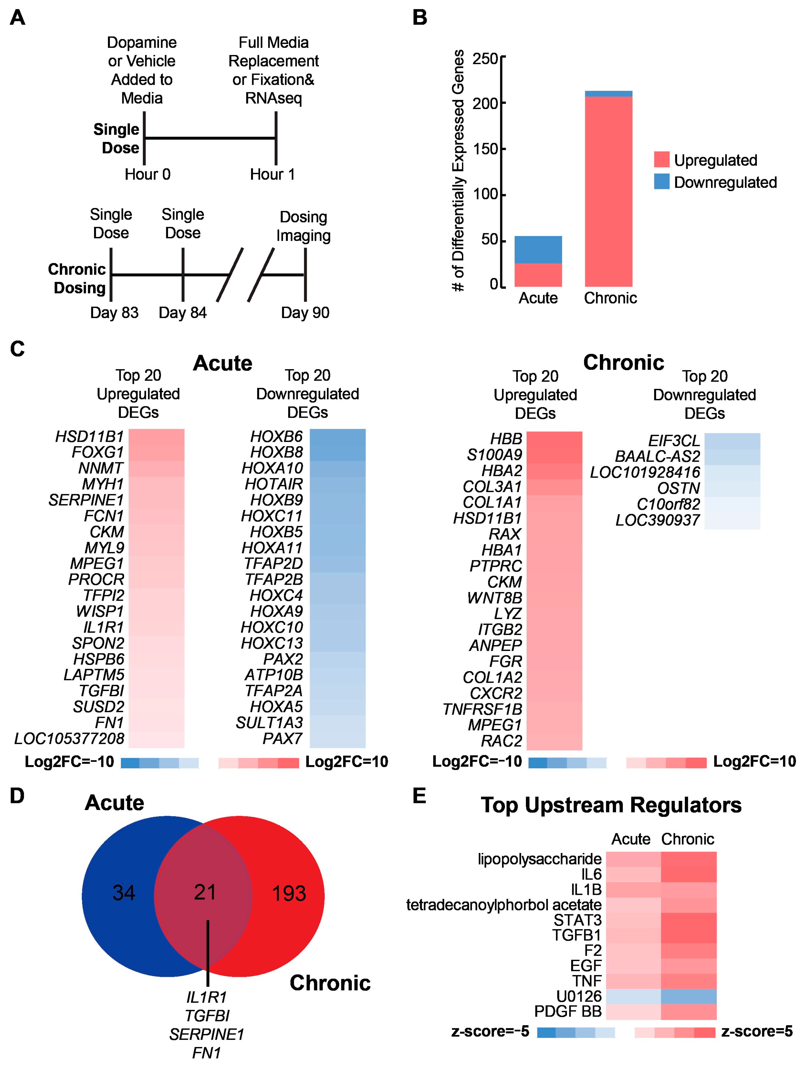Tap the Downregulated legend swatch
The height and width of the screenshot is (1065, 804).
click(x=662, y=182)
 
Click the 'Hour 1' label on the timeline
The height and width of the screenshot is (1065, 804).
click(x=272, y=174)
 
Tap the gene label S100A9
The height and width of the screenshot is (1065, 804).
click(x=494, y=454)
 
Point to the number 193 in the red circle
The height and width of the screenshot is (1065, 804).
click(x=289, y=894)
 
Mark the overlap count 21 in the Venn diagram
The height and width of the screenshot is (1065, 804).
click(x=205, y=892)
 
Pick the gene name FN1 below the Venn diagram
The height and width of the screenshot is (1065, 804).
click(x=206, y=1053)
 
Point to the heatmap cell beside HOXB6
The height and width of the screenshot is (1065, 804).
click(x=337, y=437)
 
